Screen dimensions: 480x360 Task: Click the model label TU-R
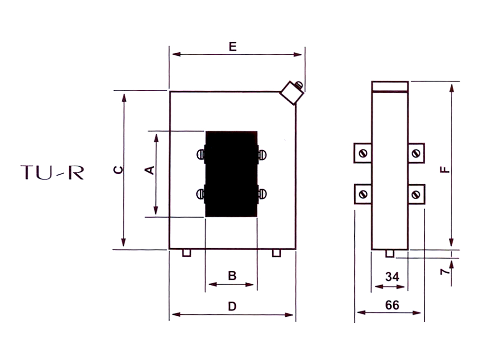coord(52,172)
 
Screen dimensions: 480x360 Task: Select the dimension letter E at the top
coord(233,47)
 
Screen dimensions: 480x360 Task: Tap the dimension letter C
coord(118,170)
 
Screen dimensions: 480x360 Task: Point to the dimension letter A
coord(149,170)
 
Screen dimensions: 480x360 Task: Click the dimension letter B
coord(232,276)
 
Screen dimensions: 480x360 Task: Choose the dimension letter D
coord(232,306)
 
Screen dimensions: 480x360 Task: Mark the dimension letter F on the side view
coord(445,169)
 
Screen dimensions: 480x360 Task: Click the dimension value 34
coord(392,277)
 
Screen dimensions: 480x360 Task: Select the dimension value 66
coord(392,305)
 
